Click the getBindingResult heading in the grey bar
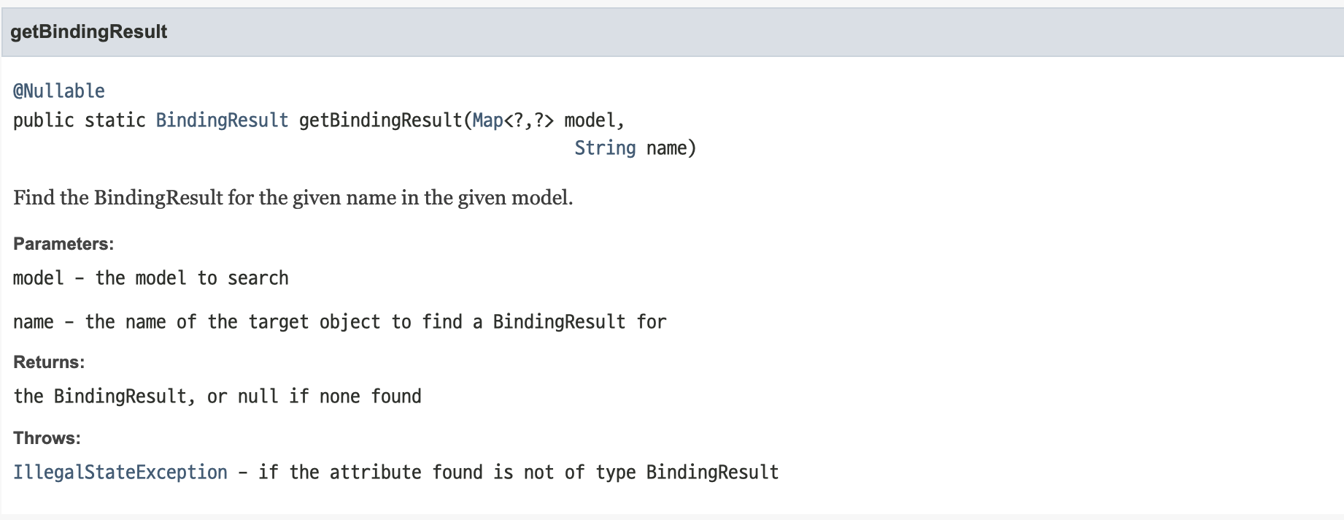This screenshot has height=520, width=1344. point(88,32)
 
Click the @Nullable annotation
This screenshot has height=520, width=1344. point(59,91)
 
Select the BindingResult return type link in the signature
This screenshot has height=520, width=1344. point(222,121)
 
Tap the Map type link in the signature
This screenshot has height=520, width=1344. point(487,121)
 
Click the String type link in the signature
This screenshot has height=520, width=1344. point(605,148)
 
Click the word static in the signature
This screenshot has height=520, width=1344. point(115,121)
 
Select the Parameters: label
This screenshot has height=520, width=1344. point(63,244)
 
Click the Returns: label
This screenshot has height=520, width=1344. point(49,362)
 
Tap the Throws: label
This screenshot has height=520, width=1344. point(47,438)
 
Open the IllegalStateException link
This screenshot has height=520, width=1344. point(120,473)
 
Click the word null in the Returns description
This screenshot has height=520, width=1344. point(258,397)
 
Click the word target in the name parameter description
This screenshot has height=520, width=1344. point(278,322)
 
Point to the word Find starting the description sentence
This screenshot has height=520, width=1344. point(34,198)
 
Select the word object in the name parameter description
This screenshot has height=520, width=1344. point(349,322)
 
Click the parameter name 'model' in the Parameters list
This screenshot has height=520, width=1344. point(39,278)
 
